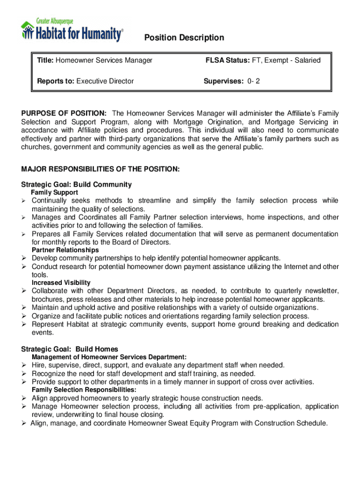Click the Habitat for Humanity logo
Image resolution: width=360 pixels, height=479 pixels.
[x=72, y=31]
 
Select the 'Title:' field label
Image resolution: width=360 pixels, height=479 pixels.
[x=46, y=60]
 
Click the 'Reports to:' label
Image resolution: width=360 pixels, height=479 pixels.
[x=56, y=81]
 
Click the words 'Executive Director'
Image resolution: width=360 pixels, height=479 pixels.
[x=105, y=81]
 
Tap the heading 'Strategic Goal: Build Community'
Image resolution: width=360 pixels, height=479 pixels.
[x=76, y=185]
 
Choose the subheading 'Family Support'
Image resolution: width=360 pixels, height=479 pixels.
[x=54, y=193]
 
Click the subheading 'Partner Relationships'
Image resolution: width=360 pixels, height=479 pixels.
[x=65, y=250]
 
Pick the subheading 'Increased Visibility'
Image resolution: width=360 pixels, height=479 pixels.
[x=61, y=283]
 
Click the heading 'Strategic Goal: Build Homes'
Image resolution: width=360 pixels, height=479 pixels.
[x=70, y=349]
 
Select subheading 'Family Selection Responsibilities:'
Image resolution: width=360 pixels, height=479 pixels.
[x=84, y=390]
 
